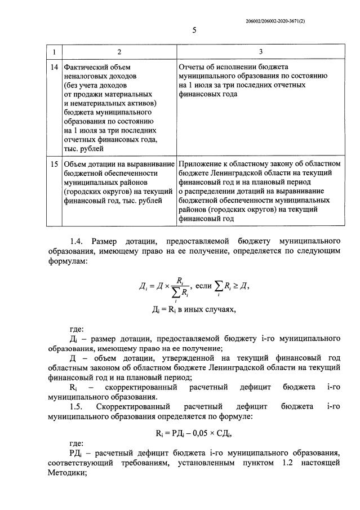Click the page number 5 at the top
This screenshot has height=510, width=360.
tap(194, 30)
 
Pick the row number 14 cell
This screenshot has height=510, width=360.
tap(54, 66)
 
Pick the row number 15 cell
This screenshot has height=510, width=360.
tap(54, 163)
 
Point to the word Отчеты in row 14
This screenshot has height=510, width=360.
tap(193, 66)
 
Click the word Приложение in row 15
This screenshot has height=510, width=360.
tap(202, 163)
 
